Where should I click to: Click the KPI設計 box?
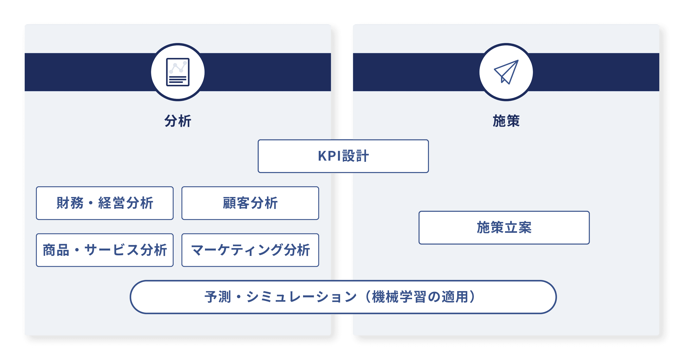(343, 156)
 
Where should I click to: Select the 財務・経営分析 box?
(104, 203)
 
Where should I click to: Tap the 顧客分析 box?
(250, 203)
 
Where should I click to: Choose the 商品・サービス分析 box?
(104, 250)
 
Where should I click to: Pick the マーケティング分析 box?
(250, 250)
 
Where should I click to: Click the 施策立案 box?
(504, 228)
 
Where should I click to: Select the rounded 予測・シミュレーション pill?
(343, 297)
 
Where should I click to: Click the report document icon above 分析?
(178, 72)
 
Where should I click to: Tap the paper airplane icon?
(506, 72)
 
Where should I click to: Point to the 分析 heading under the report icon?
(178, 121)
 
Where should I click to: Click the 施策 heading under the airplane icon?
(506, 121)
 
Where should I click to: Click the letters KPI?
(329, 156)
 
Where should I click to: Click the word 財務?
(70, 203)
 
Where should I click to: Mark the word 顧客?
(236, 203)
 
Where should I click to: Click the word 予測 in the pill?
(218, 297)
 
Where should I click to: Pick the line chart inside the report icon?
(178, 67)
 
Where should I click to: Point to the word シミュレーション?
(301, 297)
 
